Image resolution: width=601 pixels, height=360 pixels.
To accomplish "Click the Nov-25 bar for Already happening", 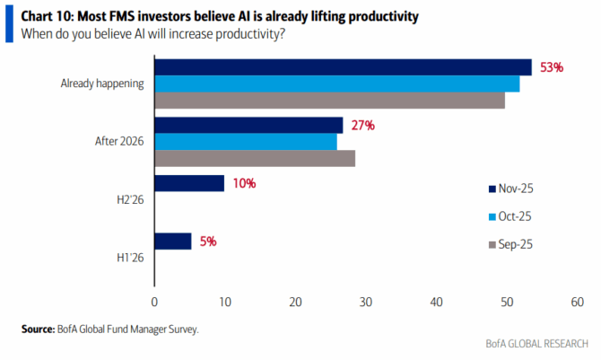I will (x=343, y=67).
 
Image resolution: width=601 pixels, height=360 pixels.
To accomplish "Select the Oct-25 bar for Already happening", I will (x=336, y=83).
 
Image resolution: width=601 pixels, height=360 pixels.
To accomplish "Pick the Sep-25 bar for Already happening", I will (x=329, y=101).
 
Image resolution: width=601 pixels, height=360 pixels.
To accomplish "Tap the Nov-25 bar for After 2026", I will (x=248, y=125).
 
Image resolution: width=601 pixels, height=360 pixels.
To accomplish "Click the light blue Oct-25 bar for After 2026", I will (x=246, y=142).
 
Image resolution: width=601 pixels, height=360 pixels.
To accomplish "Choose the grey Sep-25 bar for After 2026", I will (x=255, y=159).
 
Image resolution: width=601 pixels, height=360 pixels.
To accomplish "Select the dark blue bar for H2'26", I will (x=189, y=183).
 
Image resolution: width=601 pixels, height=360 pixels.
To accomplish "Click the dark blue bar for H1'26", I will (x=173, y=241).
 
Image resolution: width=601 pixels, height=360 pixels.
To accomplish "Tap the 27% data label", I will (x=362, y=125).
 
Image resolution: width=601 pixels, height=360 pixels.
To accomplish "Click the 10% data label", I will (x=244, y=183).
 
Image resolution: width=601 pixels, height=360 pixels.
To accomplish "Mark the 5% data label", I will (x=207, y=241).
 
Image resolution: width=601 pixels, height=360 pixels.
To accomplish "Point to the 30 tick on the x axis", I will (x=365, y=303).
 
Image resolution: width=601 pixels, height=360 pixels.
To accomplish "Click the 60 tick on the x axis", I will (x=577, y=303).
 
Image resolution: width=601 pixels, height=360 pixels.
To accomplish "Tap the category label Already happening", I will (x=103, y=83).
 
